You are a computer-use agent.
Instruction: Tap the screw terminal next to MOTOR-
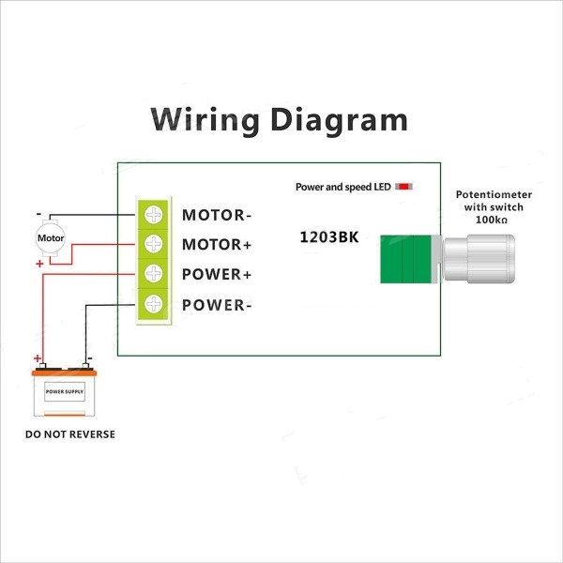pyautogui.click(x=153, y=214)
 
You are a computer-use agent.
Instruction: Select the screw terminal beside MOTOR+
pyautogui.click(x=153, y=244)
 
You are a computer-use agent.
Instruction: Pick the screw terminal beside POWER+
pyautogui.click(x=153, y=274)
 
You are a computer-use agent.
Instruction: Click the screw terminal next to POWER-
pyautogui.click(x=153, y=304)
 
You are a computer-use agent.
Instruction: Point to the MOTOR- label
pyautogui.click(x=217, y=215)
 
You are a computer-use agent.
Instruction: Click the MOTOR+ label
pyautogui.click(x=217, y=245)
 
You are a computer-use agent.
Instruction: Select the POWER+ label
pyautogui.click(x=217, y=275)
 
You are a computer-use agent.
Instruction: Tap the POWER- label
pyautogui.click(x=217, y=305)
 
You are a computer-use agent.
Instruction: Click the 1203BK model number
pyautogui.click(x=328, y=237)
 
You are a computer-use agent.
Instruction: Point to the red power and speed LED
pyautogui.click(x=404, y=187)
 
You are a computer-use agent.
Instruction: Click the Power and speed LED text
pyautogui.click(x=342, y=187)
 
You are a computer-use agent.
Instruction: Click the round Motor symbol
pyautogui.click(x=50, y=237)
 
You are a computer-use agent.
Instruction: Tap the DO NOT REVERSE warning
pyautogui.click(x=70, y=434)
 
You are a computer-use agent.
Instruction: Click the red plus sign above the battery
pyautogui.click(x=38, y=358)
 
